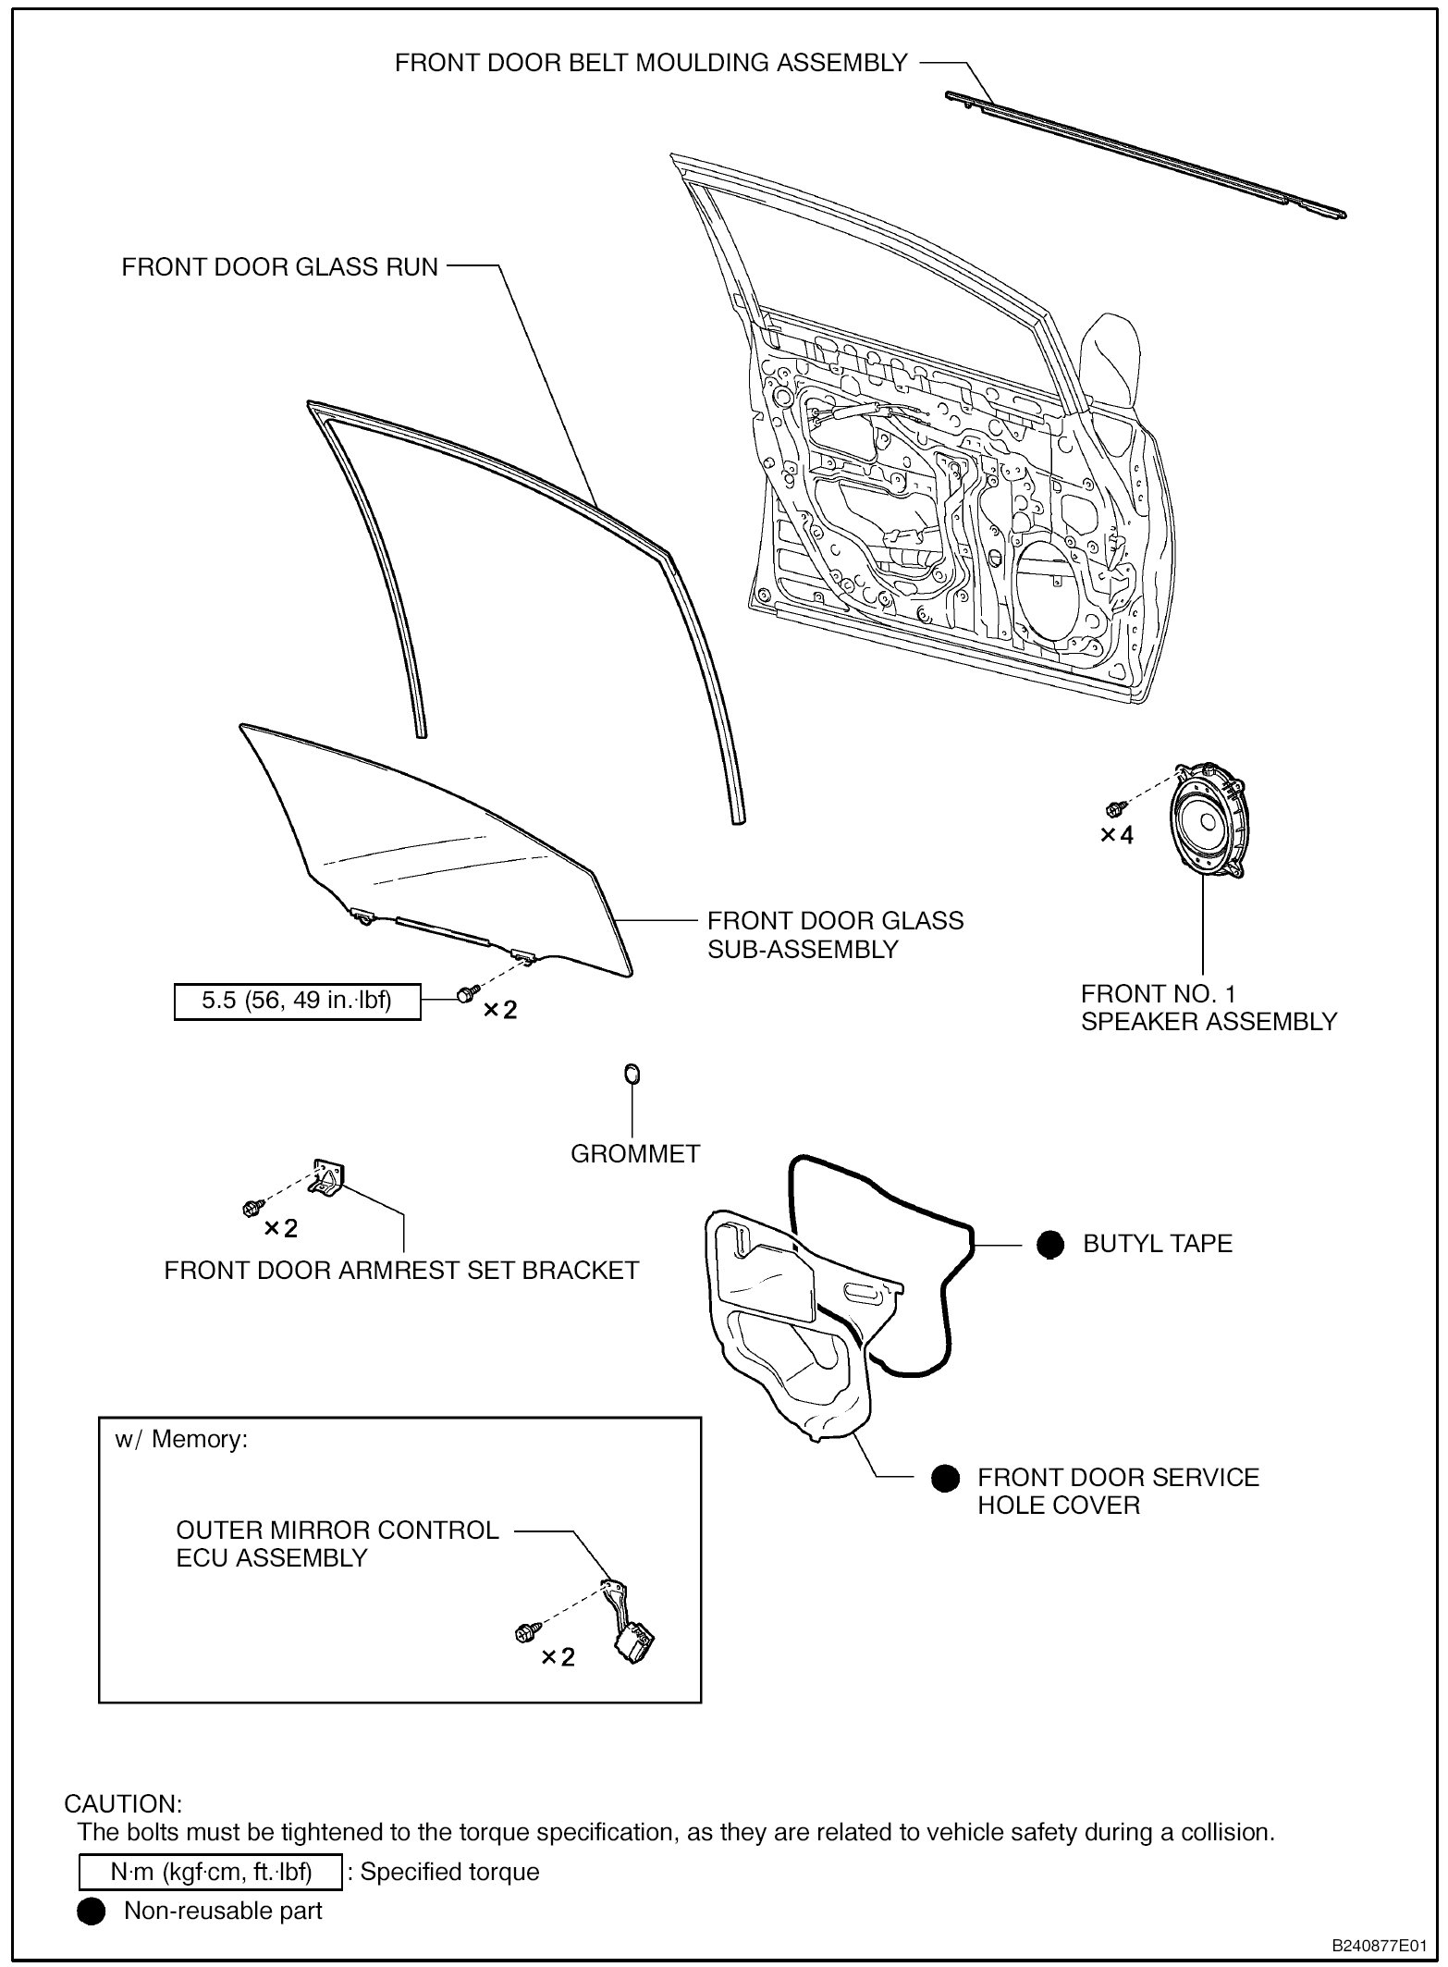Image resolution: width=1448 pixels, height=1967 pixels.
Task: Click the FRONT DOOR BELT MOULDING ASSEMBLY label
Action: click(x=651, y=63)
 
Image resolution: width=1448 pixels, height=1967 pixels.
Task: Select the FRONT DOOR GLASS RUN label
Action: click(x=279, y=267)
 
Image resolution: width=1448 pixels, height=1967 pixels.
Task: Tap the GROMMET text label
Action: click(x=635, y=1153)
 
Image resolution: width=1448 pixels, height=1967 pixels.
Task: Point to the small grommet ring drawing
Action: click(x=632, y=1075)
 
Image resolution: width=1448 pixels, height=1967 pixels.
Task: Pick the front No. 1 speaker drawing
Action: click(x=1207, y=821)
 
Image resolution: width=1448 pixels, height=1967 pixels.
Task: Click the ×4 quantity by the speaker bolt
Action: click(x=1116, y=835)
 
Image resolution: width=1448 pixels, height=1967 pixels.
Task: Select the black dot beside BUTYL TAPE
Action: click(x=1049, y=1244)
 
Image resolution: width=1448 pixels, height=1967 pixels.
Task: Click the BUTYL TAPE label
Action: click(x=1158, y=1244)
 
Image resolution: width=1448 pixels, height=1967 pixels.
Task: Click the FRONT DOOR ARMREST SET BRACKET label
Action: click(x=401, y=1271)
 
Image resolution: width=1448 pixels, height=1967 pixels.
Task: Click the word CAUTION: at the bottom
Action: click(x=123, y=1803)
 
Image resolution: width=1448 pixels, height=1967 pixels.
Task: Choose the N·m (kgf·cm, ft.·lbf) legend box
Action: click(x=211, y=1872)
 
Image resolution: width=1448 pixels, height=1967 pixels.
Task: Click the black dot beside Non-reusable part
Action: click(x=91, y=1911)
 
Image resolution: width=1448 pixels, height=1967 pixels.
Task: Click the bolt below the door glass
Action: click(x=466, y=993)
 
